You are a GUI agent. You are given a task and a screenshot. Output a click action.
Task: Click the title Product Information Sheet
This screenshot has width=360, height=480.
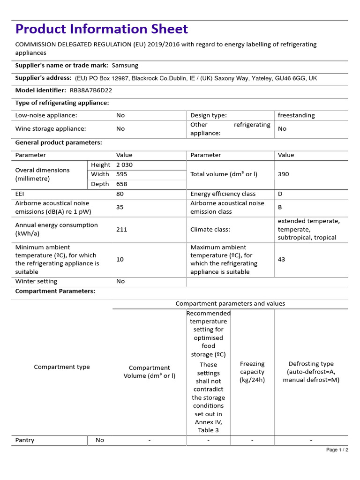point(102,29)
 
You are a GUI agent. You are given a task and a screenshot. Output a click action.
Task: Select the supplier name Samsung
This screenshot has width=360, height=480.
point(125,66)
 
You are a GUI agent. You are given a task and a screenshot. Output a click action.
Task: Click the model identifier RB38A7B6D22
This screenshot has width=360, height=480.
point(91,90)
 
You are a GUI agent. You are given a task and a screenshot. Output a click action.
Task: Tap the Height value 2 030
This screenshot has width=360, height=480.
point(124,165)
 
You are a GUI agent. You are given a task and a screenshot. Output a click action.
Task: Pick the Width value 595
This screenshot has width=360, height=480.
point(121,174)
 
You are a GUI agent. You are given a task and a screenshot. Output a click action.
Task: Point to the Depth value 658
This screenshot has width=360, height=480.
point(121,184)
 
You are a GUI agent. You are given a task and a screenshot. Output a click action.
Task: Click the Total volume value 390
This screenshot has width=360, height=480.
point(283,174)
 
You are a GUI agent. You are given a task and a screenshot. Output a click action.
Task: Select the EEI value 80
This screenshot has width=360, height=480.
point(120,194)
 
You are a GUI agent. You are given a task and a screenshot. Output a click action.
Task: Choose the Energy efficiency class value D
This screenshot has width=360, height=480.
point(280,194)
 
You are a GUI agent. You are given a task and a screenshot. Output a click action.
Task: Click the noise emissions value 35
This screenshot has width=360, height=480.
point(120,207)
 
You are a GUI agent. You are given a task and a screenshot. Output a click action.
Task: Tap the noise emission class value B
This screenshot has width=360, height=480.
point(280,207)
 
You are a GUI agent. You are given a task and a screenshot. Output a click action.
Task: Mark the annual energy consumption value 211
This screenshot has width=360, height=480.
point(121,229)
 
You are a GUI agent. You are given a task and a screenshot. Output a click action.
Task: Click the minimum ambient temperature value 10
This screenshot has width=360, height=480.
point(120,259)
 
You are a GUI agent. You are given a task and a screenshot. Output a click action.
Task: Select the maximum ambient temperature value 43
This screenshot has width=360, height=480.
point(281,259)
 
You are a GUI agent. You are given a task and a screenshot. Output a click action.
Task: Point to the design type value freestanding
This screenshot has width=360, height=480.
point(296,115)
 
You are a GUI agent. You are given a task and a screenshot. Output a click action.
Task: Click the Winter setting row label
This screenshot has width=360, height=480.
point(36,282)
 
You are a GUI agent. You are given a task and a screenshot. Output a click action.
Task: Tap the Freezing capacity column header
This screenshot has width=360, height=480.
point(252,372)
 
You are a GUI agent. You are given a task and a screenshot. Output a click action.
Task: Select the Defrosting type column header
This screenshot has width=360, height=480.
point(311,372)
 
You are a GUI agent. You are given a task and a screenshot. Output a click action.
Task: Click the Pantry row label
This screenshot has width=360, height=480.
point(25,440)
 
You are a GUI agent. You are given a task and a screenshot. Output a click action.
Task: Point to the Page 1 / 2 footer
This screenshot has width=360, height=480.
point(337,450)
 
